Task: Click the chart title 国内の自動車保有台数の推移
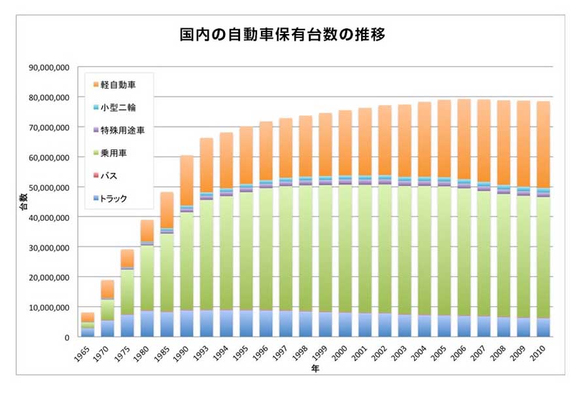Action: click(282, 34)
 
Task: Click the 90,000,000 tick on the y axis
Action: click(49, 67)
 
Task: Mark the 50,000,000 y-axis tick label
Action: click(49, 187)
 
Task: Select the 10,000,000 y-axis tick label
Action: click(49, 307)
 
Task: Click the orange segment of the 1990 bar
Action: click(186, 180)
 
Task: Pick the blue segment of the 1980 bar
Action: click(147, 324)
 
